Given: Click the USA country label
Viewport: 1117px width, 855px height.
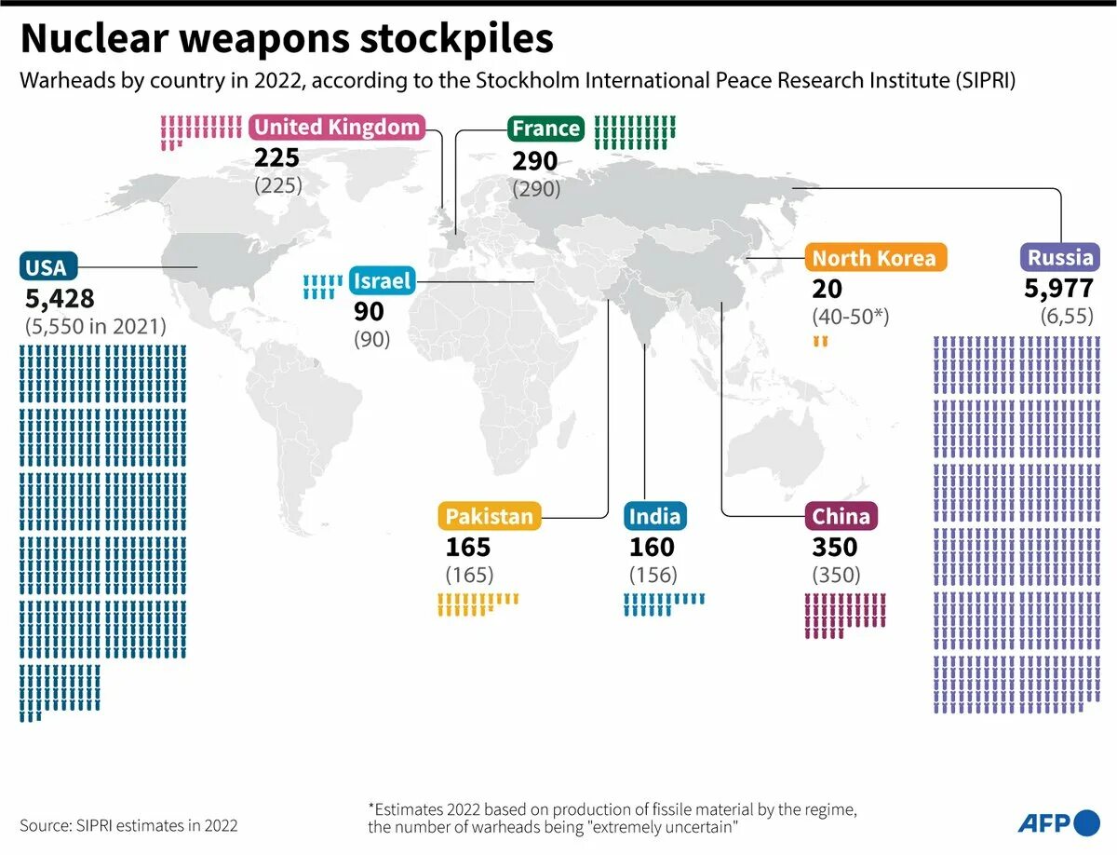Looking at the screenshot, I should click(x=47, y=267).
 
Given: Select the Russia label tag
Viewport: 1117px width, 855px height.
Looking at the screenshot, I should click(x=1060, y=258).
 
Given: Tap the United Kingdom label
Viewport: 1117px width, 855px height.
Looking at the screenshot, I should click(x=337, y=128).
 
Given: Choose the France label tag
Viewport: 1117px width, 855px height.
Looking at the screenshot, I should click(x=545, y=129).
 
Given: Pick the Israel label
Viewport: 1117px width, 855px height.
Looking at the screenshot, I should click(x=382, y=280).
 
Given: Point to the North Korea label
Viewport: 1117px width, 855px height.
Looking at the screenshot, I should click(x=874, y=258).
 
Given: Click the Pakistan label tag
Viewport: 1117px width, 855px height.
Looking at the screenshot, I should click(x=490, y=516).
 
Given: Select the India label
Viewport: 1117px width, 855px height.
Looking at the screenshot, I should click(x=654, y=516).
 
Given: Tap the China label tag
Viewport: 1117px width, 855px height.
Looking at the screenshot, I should click(x=841, y=516).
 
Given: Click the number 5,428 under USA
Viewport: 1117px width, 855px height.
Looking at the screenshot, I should click(x=61, y=299).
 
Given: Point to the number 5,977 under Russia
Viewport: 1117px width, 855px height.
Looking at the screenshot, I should click(x=1059, y=289).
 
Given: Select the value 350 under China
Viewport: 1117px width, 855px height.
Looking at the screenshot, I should click(x=834, y=547).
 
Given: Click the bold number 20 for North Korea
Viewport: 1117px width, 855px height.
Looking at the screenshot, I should click(x=827, y=289).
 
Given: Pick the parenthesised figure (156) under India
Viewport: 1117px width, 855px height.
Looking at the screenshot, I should click(x=653, y=575).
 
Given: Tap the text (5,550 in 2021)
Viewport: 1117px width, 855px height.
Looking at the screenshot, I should click(x=96, y=327).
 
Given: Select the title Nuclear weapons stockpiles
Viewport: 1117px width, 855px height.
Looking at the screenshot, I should click(x=287, y=39).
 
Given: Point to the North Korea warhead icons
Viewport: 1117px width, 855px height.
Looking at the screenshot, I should click(x=820, y=342).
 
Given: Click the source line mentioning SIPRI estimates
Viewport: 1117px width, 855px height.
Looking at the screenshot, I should click(x=128, y=825).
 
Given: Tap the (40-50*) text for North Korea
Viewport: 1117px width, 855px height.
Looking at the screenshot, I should click(x=851, y=317).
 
